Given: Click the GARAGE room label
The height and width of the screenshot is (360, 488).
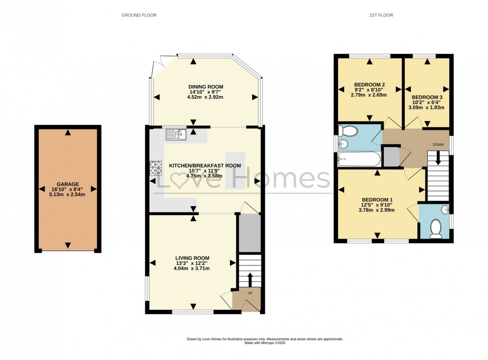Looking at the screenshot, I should tap(67, 184).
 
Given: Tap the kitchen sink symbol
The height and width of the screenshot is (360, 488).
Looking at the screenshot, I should tap(176, 134).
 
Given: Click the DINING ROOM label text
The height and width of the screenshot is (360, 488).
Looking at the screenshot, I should tap(205, 87).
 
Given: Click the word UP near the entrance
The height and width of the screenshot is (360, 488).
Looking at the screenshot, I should tap(250, 293).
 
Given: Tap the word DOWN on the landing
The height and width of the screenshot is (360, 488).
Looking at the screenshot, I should tap(438, 144).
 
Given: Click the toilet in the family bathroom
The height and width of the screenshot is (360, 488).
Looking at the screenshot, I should tap(348, 130).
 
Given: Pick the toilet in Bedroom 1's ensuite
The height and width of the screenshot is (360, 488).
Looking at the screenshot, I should tap(436, 228).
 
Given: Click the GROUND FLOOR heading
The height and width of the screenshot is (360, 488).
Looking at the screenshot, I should tap(139, 15).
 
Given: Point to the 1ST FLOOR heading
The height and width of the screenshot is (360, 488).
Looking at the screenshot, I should tap(381, 15).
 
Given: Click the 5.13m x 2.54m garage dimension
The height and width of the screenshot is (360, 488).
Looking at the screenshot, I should tap(67, 195).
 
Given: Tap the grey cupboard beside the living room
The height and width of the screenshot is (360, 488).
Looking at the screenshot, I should tap(249, 233).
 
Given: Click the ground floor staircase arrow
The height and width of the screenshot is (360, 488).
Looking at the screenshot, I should tap(250, 279).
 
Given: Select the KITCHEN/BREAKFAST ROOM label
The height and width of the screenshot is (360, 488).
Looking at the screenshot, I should tap(205, 165).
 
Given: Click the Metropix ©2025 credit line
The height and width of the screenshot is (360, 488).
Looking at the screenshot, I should tap(265, 343).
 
